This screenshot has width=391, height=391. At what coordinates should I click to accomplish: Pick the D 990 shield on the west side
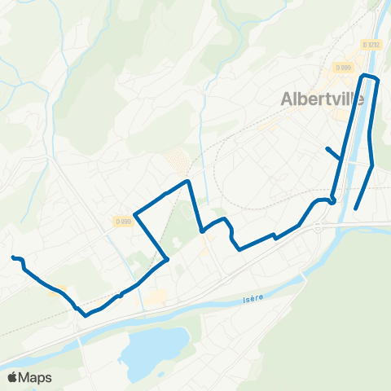coord(123,222)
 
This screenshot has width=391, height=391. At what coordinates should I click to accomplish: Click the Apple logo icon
coord(12,377)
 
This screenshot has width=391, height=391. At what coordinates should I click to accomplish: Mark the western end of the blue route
coord(13,257)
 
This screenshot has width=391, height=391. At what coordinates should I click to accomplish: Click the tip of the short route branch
coord(327,148)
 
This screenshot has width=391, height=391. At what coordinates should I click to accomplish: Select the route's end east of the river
coord(357,209)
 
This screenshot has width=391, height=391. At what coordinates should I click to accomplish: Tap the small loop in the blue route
coord(332,200)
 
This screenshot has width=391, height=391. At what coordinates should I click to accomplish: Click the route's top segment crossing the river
coord(371,77)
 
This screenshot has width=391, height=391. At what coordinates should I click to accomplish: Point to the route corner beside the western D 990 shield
coord(134,214)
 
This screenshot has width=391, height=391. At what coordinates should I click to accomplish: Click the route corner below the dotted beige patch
coord(188,180)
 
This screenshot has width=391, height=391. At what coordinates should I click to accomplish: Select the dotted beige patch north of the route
coord(178,159)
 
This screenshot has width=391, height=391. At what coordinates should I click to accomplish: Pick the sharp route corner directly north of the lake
coord(168,260)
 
